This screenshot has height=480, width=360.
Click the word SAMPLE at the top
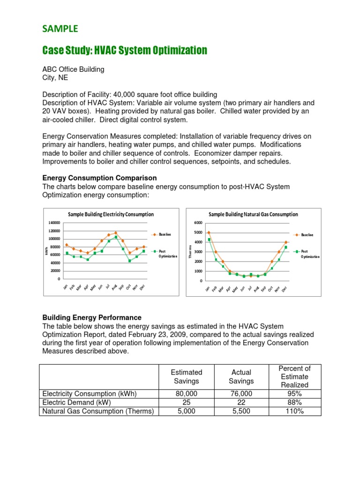[x=60, y=29]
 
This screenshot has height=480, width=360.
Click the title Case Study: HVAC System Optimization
[x=125, y=50]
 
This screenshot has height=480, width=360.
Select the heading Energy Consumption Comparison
[x=99, y=178]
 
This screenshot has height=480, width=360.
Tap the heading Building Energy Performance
[x=92, y=318]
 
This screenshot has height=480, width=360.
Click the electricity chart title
[x=111, y=214]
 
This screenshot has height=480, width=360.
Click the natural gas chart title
[x=253, y=214]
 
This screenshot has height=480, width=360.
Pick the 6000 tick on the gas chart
[x=197, y=223]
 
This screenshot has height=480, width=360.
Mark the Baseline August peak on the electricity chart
[x=116, y=232]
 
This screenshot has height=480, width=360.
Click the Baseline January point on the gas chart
[x=209, y=232]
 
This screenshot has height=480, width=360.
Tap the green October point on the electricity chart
[x=130, y=261]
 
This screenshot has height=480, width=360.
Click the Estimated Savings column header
[x=187, y=376]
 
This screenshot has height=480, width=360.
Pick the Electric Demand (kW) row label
[x=77, y=403]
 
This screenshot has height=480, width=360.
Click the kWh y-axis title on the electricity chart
[x=48, y=252]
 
